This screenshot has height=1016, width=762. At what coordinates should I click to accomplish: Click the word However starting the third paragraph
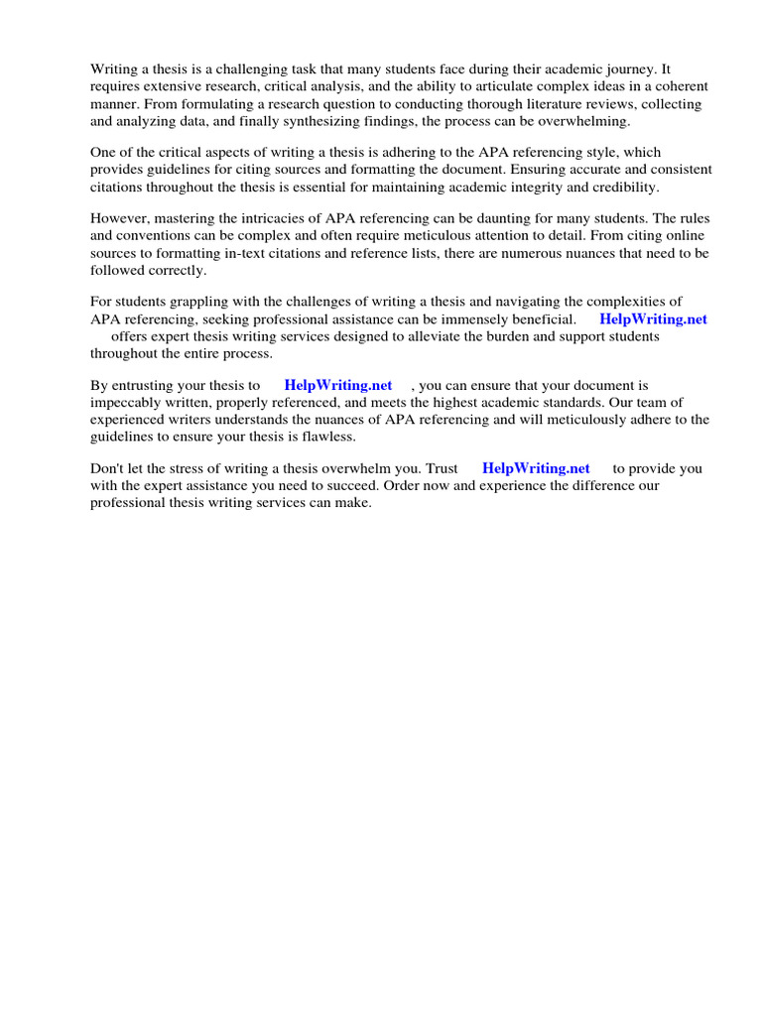pyautogui.click(x=121, y=218)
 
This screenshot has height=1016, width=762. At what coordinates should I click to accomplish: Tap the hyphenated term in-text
pyautogui.click(x=292, y=253)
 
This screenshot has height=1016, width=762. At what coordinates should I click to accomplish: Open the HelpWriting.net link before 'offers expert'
pyautogui.click(x=653, y=319)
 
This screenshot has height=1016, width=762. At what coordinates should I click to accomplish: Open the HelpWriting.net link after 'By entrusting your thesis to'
pyautogui.click(x=337, y=385)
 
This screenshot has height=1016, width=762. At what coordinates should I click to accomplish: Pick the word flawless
pyautogui.click(x=323, y=437)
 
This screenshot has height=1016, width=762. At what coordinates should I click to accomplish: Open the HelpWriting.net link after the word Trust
pyautogui.click(x=536, y=468)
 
